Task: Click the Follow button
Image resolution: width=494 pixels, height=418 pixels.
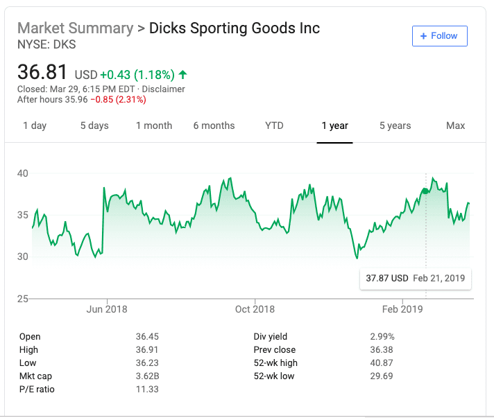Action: [x=439, y=36]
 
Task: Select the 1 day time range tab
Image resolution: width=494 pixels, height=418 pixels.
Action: [x=35, y=125]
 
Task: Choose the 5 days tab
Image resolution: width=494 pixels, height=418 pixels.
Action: [x=94, y=125]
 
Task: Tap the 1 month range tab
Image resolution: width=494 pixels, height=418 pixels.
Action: [x=154, y=125]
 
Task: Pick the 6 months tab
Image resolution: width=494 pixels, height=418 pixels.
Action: [x=214, y=125]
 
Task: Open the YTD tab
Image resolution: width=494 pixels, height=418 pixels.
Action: [x=274, y=125]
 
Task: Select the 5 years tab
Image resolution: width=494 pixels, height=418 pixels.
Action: [x=395, y=125]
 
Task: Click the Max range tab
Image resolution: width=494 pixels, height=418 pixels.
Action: [x=456, y=125]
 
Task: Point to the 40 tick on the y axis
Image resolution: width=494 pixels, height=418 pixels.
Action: [x=23, y=173]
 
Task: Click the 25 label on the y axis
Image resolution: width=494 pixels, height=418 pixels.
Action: [x=23, y=299]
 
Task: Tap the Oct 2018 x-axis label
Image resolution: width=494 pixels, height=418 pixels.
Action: [x=255, y=309]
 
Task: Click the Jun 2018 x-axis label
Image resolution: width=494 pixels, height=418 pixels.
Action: [x=107, y=309]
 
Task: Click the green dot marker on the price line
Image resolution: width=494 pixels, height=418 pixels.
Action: [x=425, y=191]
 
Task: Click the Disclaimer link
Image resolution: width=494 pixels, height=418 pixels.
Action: [x=164, y=89]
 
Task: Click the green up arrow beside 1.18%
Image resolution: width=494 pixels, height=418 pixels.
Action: [x=182, y=74]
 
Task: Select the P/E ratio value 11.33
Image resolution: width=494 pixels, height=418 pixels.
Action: [x=147, y=390]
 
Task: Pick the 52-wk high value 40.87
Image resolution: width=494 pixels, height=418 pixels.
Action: [x=382, y=363]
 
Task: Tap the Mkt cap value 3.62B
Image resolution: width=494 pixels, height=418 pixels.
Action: [x=147, y=376]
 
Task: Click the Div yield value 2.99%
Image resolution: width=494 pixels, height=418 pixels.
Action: [x=382, y=337]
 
